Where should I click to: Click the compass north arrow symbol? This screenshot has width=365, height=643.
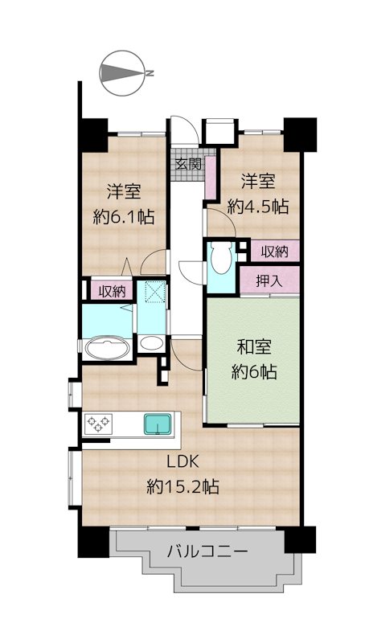(x=123, y=73)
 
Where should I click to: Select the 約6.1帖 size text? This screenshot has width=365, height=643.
(x=124, y=216)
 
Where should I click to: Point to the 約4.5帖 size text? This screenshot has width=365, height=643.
(x=257, y=206)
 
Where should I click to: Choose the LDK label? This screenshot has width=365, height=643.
(x=183, y=462)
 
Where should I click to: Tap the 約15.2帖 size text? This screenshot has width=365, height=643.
(x=182, y=486)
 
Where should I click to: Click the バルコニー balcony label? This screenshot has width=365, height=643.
(x=207, y=551)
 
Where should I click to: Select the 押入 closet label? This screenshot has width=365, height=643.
(x=269, y=281)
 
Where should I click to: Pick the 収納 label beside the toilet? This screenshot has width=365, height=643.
(x=275, y=252)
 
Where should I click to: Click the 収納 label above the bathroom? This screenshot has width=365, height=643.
(x=112, y=292)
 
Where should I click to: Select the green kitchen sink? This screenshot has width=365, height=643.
(x=158, y=424)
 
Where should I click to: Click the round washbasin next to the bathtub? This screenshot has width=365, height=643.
(x=151, y=343)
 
